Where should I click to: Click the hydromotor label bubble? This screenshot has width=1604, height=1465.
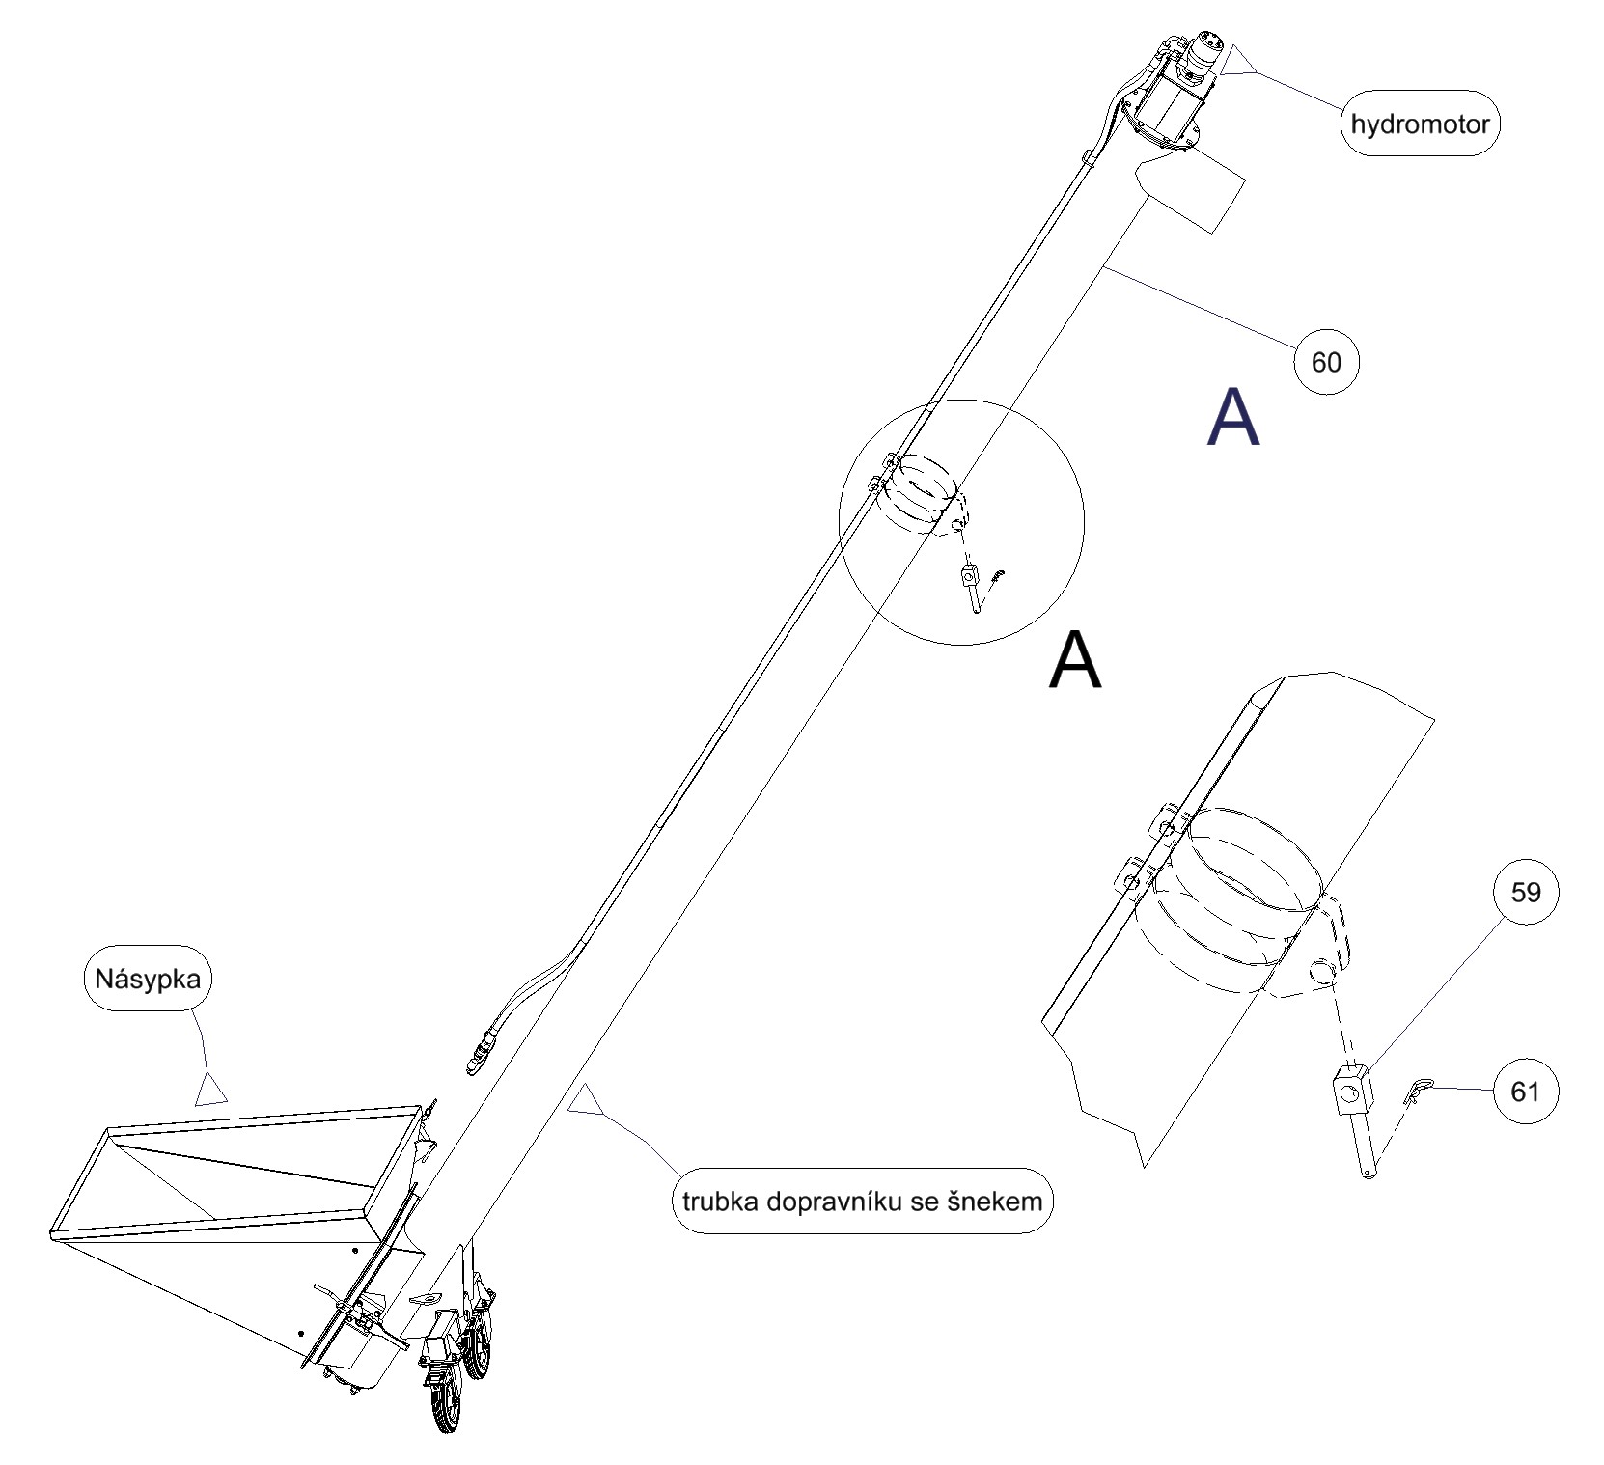[1420, 124]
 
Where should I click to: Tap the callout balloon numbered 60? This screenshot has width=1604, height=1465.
[1326, 362]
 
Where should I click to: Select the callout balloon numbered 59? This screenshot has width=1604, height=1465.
[1525, 893]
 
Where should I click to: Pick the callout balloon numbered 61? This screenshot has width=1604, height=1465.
[1525, 1092]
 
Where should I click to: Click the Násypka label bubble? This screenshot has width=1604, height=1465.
[148, 979]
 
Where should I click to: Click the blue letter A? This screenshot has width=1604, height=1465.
[1233, 417]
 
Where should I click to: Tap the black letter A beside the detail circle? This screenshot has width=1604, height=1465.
[1074, 660]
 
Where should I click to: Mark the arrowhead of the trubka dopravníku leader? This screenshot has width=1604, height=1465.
[585, 1100]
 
